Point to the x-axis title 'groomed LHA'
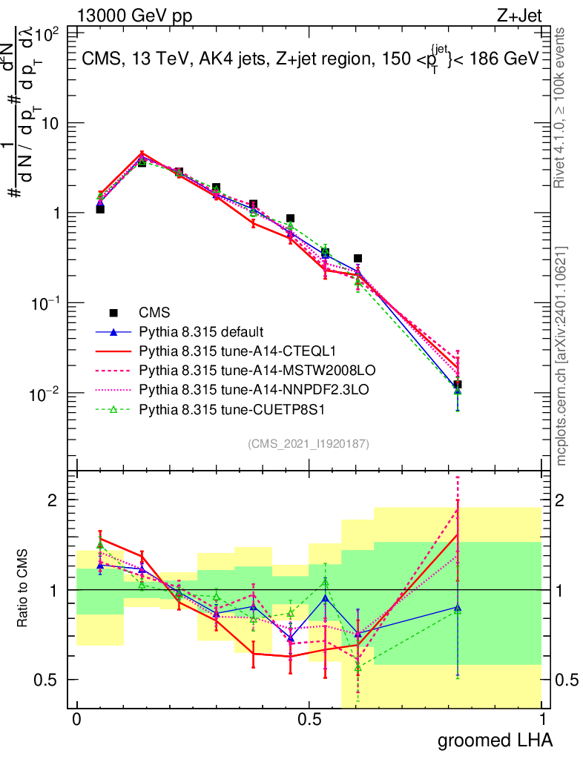(x=495, y=740)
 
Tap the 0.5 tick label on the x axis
(x=309, y=720)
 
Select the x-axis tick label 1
(x=542, y=720)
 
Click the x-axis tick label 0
(x=76, y=720)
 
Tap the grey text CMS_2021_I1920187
(x=309, y=443)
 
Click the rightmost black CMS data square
(x=458, y=385)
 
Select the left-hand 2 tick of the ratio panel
(x=58, y=500)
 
